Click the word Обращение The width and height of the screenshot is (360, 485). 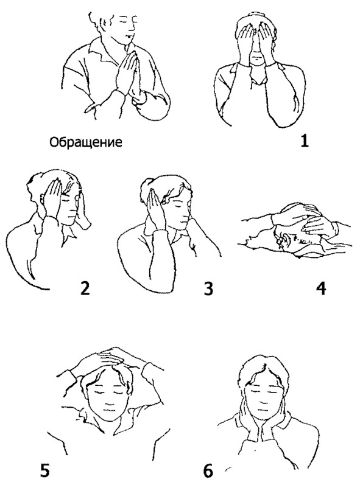click(x=86, y=142)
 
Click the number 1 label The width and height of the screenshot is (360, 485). click(x=305, y=141)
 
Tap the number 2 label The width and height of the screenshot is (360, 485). click(x=85, y=288)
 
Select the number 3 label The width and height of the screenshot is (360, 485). click(x=209, y=288)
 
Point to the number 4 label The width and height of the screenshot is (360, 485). click(x=320, y=288)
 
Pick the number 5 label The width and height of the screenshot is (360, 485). click(x=44, y=469)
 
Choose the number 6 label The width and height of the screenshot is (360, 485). click(x=208, y=470)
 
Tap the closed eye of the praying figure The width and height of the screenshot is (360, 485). click(x=125, y=20)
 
